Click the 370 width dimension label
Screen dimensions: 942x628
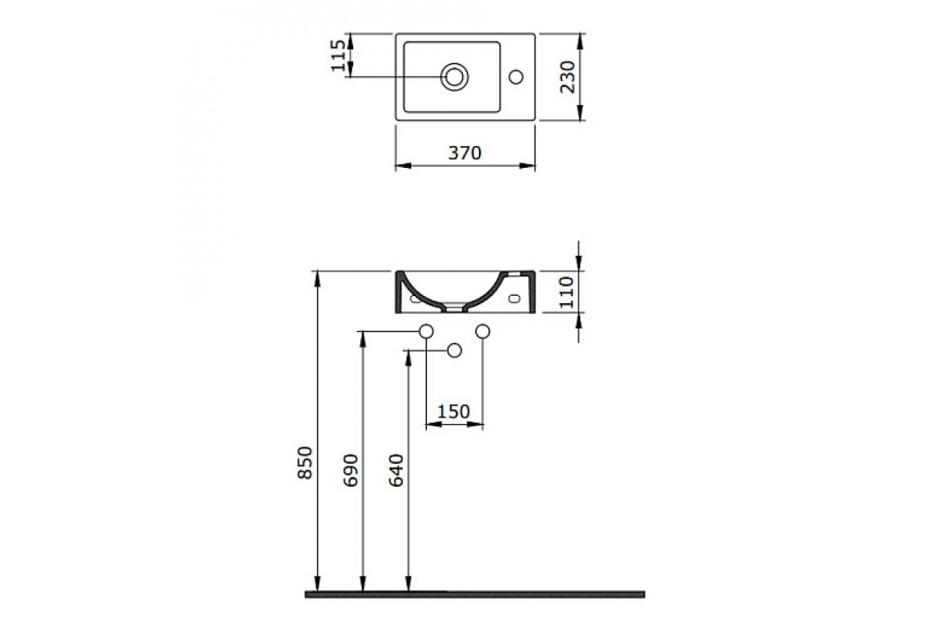[x=465, y=153]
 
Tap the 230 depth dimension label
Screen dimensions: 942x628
[x=568, y=77]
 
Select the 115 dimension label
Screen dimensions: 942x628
[x=338, y=56]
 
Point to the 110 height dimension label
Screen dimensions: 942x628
[x=567, y=292]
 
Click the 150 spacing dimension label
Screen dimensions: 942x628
[x=454, y=412]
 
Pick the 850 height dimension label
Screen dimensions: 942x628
[x=305, y=462]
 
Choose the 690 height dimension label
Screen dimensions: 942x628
[x=351, y=470]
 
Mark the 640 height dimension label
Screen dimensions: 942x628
[x=396, y=470]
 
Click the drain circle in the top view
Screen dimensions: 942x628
[x=455, y=77]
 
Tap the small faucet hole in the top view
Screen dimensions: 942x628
[x=516, y=77]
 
